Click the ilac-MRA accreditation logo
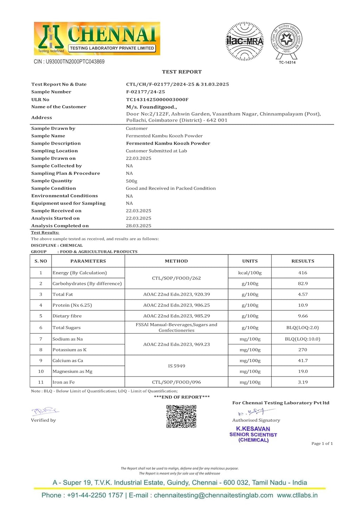(x=244, y=41)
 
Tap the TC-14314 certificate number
(x=287, y=63)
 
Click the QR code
(x=181, y=416)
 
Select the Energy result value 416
(x=302, y=273)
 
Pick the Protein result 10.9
(x=303, y=305)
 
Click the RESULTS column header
(x=303, y=261)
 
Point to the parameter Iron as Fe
(x=64, y=382)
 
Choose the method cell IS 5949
(x=176, y=366)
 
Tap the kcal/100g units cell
(x=250, y=273)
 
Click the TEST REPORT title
(x=182, y=72)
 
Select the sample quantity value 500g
(x=131, y=181)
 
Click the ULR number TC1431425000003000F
(x=157, y=99)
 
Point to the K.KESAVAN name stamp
(x=253, y=429)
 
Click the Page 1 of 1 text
(x=322, y=444)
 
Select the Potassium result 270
(x=302, y=350)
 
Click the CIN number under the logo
(x=69, y=62)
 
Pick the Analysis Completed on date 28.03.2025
(x=139, y=226)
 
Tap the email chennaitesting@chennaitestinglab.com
(x=213, y=495)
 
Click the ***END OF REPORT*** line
(x=182, y=397)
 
